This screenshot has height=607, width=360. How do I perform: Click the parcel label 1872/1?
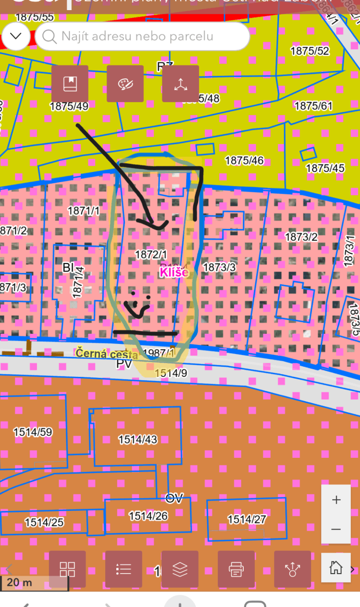151,253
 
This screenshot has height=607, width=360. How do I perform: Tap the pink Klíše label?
174,273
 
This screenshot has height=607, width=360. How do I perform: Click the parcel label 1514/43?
138,440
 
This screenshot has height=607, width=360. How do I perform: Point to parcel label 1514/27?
247,519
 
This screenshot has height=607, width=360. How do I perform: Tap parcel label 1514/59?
33,432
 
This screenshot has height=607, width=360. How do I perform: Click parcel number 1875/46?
244,160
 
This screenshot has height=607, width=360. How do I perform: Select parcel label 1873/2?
301,237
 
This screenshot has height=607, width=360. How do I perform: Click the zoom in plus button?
336,500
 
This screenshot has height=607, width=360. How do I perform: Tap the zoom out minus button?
336,529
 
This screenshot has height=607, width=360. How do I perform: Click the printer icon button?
236,569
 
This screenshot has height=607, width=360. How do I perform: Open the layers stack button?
180,569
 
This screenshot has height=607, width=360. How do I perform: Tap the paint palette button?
125,84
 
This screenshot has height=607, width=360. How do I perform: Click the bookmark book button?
70,84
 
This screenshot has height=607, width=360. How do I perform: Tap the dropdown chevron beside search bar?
17,36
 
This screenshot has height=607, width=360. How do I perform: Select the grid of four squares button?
67,569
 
